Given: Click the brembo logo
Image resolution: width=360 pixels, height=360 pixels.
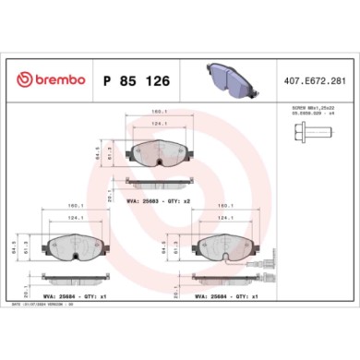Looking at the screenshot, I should [45, 79].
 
